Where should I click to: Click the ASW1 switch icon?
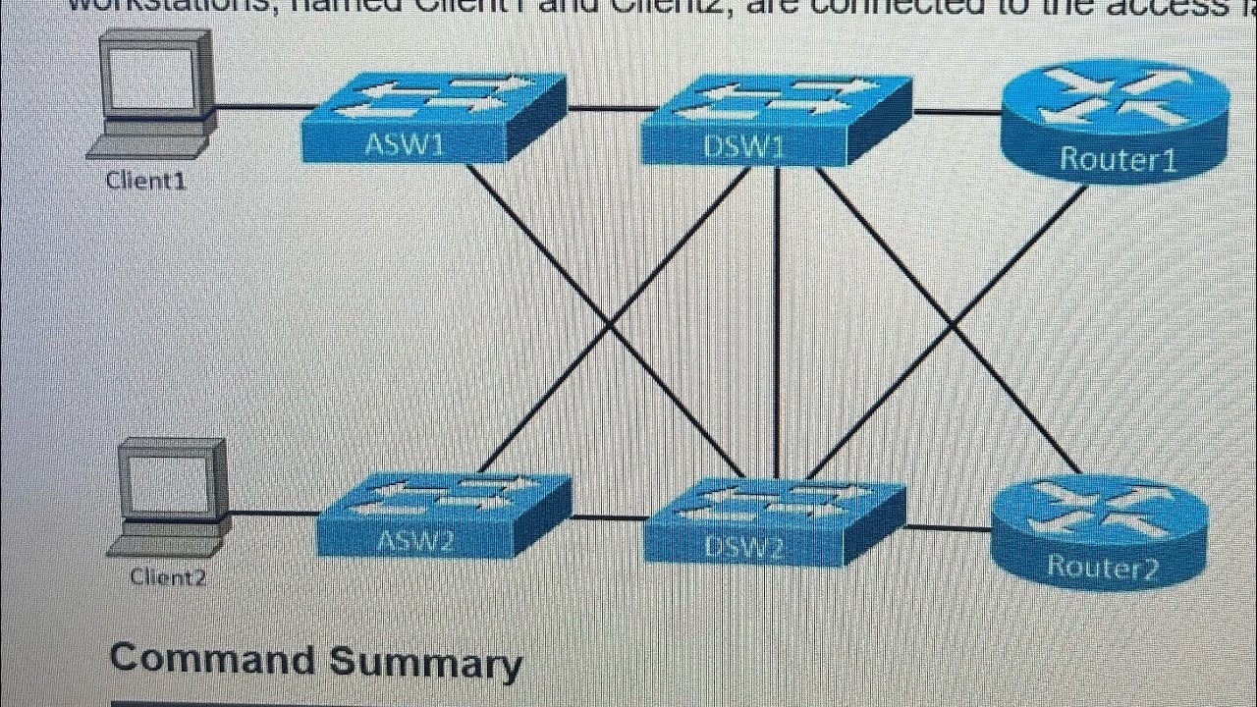point(432,118)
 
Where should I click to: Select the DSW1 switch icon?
point(776,120)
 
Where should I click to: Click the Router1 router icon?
point(1115,123)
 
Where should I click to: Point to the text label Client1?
point(145,181)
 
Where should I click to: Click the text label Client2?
point(168,577)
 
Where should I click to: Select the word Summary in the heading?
point(424,663)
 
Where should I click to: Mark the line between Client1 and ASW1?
point(260,105)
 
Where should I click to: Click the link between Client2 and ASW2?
point(275,513)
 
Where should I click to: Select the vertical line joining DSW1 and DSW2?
point(777,324)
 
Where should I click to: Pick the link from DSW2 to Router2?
point(948,528)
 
